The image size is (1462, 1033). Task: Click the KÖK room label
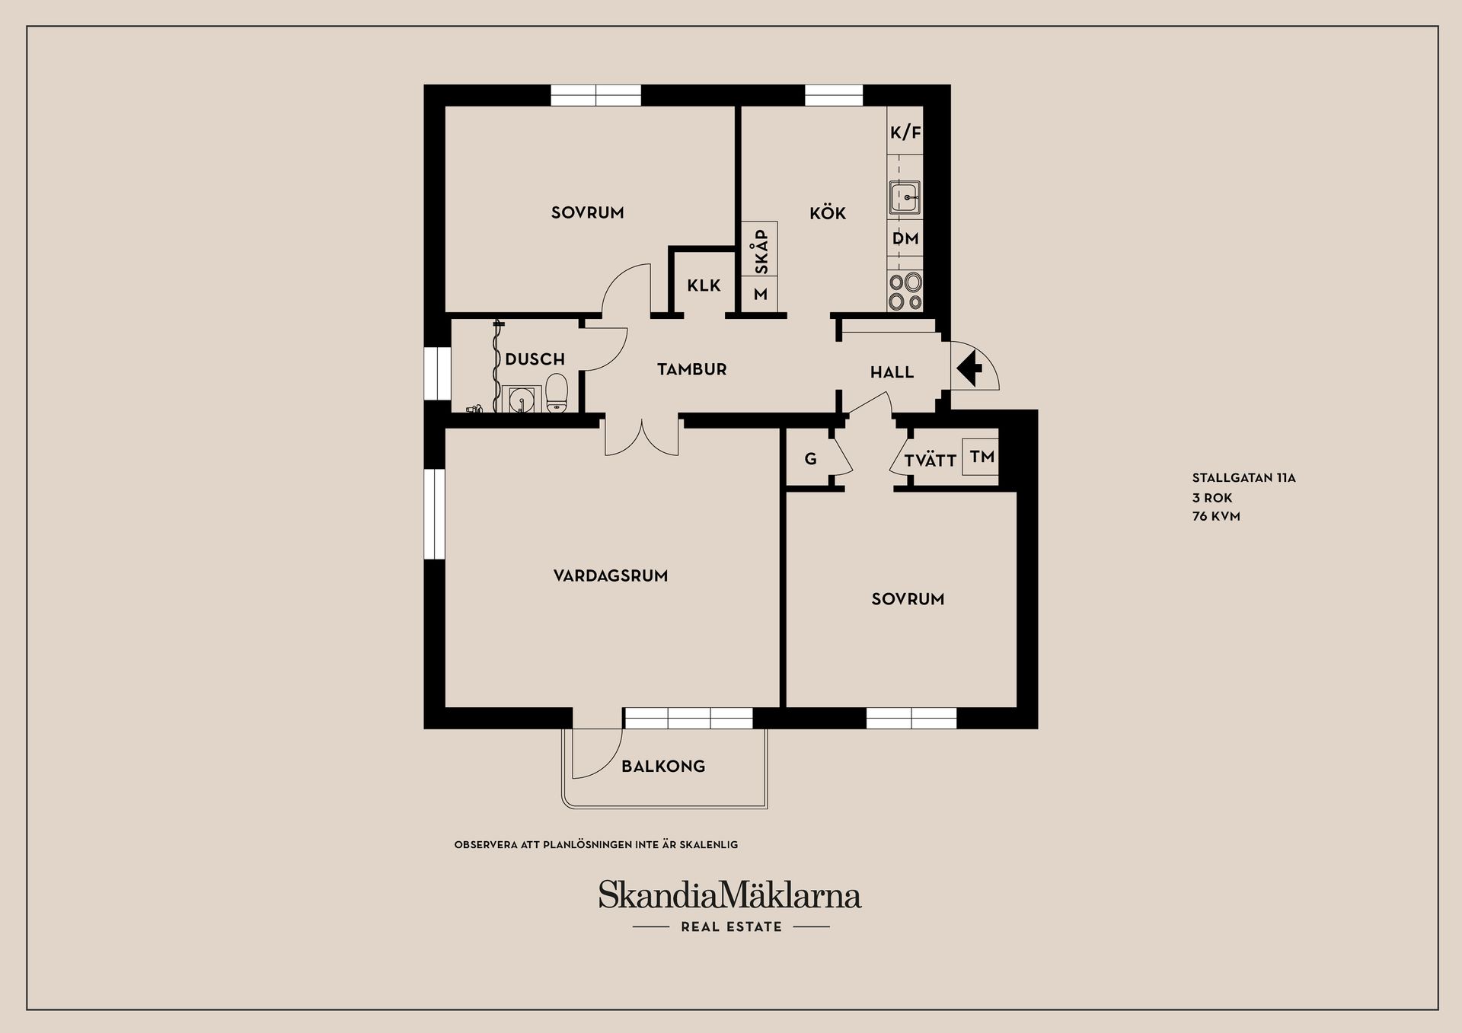(828, 213)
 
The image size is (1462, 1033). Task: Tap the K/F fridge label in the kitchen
(905, 132)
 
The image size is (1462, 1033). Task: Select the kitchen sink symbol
(905, 198)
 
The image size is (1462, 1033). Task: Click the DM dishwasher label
(905, 238)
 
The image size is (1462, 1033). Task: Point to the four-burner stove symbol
(905, 292)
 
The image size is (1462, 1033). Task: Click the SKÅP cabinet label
(761, 251)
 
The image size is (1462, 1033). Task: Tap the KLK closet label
(704, 285)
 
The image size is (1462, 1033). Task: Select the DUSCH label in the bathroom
(535, 359)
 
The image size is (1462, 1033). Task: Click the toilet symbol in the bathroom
(557, 392)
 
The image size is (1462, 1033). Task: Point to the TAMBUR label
(691, 370)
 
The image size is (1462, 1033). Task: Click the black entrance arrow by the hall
(969, 370)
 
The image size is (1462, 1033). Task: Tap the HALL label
(892, 372)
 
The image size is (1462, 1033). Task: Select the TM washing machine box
(981, 457)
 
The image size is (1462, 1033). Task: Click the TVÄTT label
(930, 461)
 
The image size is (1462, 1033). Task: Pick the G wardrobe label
(810, 459)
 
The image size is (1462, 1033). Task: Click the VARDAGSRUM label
(611, 576)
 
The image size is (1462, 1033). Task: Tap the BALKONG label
(663, 767)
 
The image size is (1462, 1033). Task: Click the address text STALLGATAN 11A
(1243, 479)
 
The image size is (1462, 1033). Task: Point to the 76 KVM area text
(1216, 516)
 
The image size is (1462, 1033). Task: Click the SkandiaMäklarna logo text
(729, 895)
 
